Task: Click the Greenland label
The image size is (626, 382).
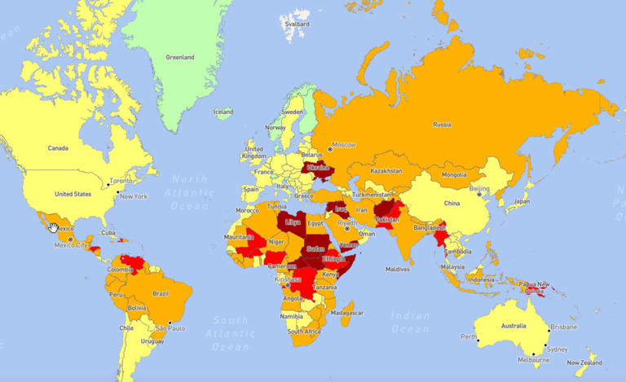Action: (179, 58)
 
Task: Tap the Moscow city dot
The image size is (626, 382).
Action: (330, 147)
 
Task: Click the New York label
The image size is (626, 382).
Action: (134, 196)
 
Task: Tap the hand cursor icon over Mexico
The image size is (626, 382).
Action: (54, 227)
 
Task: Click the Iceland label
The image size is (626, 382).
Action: (223, 112)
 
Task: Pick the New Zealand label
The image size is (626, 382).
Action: (585, 362)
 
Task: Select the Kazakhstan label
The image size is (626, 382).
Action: (386, 171)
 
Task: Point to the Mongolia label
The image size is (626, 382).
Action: (455, 174)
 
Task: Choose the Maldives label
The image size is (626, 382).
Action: (398, 269)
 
